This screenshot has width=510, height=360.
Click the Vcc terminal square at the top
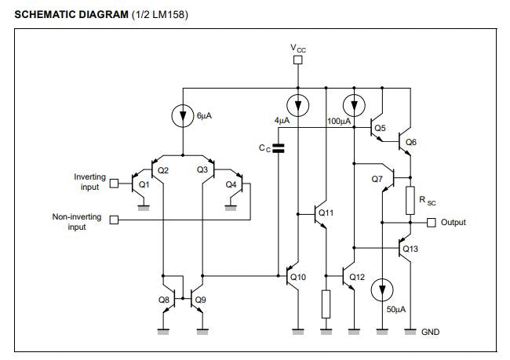tap(297, 60)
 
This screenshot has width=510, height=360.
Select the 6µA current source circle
tap(181, 115)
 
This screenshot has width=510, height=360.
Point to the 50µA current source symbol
tap(382, 289)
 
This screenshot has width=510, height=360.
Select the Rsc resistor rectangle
tap(410, 201)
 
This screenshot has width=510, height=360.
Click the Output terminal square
tap(432, 223)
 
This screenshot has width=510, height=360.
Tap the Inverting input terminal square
tap(114, 184)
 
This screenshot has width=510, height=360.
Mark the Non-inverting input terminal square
tap(114, 220)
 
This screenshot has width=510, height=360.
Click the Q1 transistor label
tap(143, 185)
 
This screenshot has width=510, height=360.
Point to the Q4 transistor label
tap(231, 184)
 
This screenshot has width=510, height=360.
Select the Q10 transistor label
tap(297, 277)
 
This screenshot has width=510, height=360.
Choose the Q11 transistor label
tap(326, 213)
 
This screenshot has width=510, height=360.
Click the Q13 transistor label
tap(410, 249)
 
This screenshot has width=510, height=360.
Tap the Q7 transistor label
tap(377, 179)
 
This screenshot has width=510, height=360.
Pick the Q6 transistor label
tap(411, 142)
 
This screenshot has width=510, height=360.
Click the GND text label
tap(431, 332)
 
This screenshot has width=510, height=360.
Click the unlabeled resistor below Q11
tap(326, 304)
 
